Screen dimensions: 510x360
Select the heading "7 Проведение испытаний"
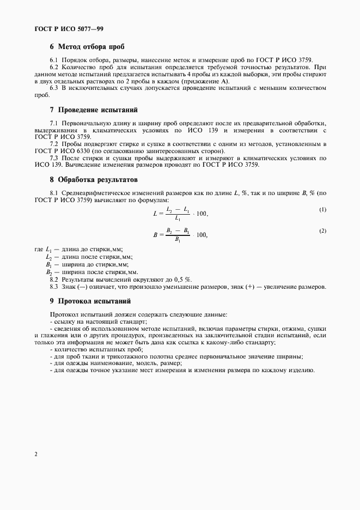94,110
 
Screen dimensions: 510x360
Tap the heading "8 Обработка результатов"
94,179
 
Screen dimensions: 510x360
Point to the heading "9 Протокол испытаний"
90,301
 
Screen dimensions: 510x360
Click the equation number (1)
322,210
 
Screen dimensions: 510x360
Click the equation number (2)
322,231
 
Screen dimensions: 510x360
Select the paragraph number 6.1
54,59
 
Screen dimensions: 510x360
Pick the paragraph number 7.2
54,144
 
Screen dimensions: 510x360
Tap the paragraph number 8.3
54,287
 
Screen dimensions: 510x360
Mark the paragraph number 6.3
54,88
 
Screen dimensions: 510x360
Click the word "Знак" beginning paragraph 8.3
69,287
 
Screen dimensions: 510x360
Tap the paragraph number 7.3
54,158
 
